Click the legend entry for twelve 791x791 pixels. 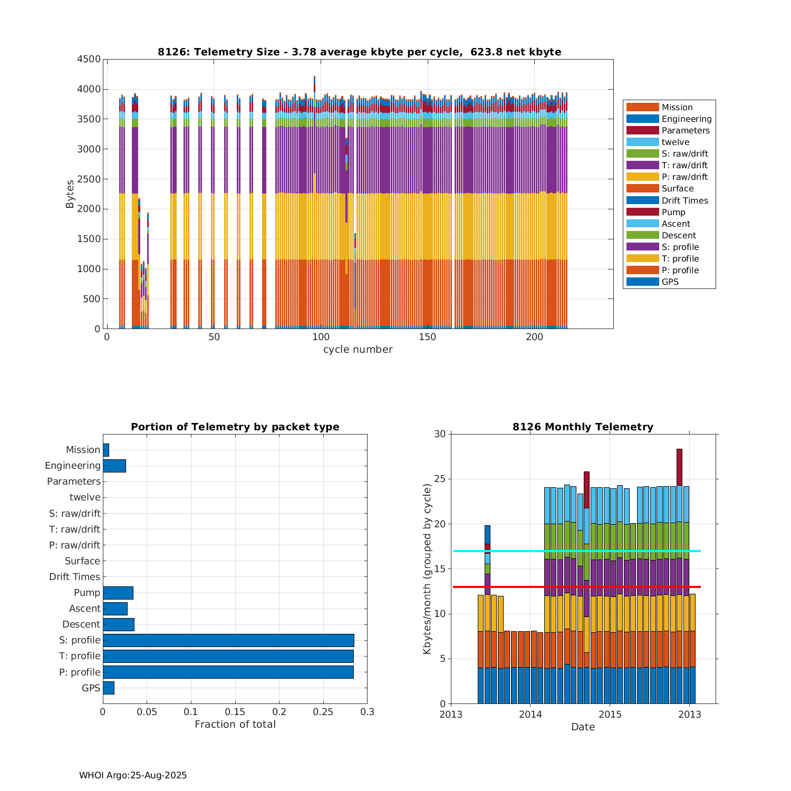(675, 142)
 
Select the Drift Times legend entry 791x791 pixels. (684, 200)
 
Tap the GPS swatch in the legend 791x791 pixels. (642, 282)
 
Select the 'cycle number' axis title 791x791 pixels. (358, 350)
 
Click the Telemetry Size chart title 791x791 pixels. (359, 52)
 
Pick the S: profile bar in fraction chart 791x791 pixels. (228, 640)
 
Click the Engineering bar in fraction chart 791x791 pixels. (114, 466)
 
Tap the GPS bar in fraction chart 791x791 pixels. (109, 688)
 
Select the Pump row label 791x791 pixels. (87, 593)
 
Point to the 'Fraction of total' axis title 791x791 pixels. (235, 725)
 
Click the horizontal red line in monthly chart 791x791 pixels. (527, 587)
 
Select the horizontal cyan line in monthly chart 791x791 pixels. (527, 551)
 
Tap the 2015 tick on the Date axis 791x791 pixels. (610, 715)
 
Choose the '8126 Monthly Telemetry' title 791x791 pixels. (583, 427)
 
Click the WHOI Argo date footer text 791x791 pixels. (133, 775)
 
